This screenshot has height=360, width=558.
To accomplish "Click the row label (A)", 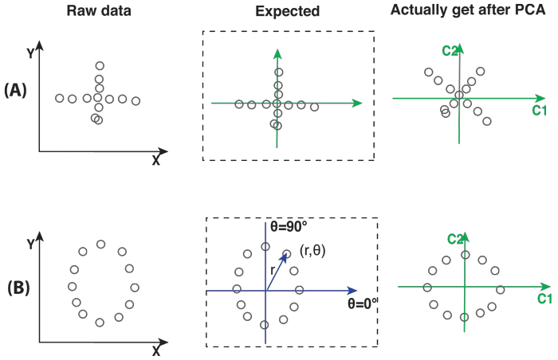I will pos(16,92).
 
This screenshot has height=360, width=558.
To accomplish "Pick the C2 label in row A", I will pos(449,52).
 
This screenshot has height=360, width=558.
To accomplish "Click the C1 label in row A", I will pos(539,111).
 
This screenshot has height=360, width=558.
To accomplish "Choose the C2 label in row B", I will pos(454,238).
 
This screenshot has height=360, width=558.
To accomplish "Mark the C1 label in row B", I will pos(544,299).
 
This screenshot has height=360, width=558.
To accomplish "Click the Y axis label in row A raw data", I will pos(30,54).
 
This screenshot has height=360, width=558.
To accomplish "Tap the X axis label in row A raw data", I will pos(155,160).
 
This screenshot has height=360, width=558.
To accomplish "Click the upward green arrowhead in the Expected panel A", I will pos(277,53).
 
